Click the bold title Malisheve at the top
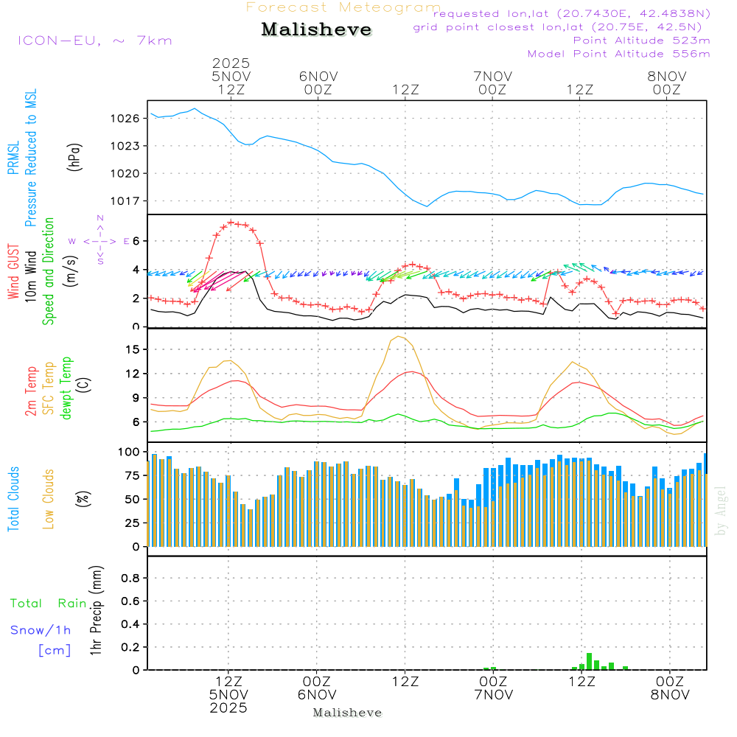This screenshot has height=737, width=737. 316,30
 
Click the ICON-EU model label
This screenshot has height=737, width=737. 95,41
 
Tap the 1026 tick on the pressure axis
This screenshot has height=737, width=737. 125,118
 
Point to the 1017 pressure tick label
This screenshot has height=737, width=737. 125,200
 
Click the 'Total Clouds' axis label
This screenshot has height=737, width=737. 13,498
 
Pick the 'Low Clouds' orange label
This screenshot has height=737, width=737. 49,498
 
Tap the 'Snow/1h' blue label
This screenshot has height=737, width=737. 41,630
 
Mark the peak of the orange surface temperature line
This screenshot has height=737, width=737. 399,336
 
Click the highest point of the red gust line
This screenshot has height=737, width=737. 231,222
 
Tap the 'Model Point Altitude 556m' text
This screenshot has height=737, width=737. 618,54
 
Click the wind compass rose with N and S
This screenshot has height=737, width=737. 99,240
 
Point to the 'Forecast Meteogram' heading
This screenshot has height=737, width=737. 343,7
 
